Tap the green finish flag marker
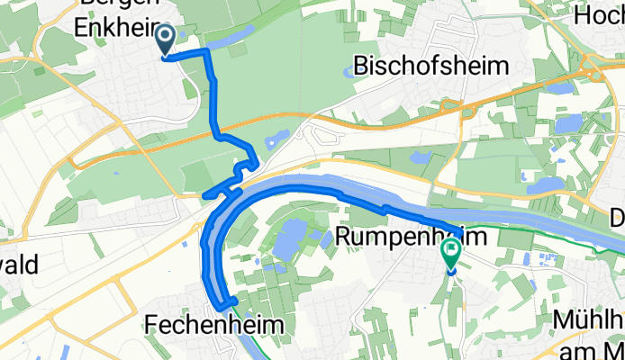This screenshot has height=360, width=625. [450, 254]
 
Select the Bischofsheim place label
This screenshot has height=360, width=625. [431, 66]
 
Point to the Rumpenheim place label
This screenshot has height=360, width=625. [412, 237]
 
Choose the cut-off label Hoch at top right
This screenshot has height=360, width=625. [599, 16]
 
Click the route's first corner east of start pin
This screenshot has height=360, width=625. [208, 53]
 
